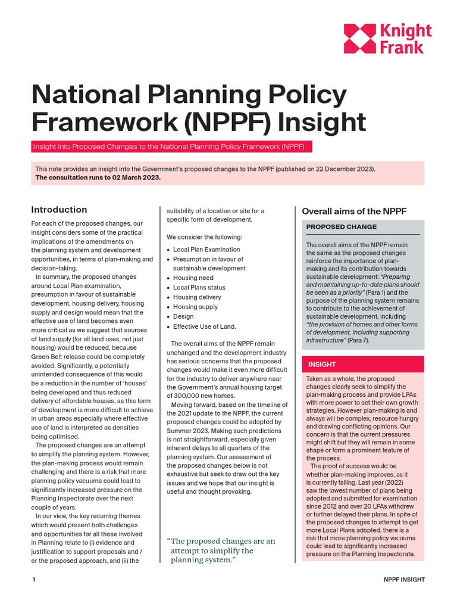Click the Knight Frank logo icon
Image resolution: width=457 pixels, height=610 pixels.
pyautogui.click(x=360, y=39)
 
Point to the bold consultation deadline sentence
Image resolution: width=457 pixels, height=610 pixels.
pyautogui.click(x=98, y=178)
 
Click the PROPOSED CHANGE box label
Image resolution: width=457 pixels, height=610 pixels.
pyautogui.click(x=341, y=227)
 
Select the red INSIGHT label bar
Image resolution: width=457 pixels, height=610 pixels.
pyautogui.click(x=364, y=364)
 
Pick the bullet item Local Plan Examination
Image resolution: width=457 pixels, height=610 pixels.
pyautogui.click(x=206, y=250)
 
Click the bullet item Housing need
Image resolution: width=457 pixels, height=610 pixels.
pyautogui.click(x=193, y=278)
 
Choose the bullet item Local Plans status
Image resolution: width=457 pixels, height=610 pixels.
pyautogui.click(x=199, y=288)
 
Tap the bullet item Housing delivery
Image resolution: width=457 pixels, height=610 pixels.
pyautogui.click(x=197, y=297)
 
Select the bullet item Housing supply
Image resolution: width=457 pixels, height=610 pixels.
pyautogui.click(x=195, y=307)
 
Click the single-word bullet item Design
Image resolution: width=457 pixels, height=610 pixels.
pyautogui.click(x=183, y=317)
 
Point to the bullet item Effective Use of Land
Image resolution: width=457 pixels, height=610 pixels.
pyautogui.click(x=204, y=326)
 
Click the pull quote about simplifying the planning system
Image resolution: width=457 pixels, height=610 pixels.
pyautogui.click(x=221, y=550)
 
